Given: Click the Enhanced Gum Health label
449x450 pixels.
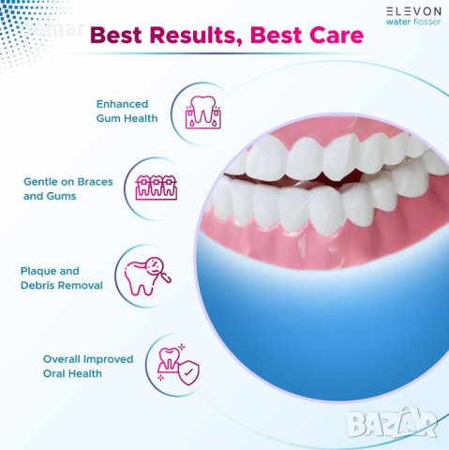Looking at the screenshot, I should [x=126, y=111].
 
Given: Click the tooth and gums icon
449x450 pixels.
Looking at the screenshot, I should [x=203, y=111].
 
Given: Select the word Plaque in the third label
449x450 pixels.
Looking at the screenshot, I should [x=40, y=271].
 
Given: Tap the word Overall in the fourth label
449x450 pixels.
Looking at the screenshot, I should [x=63, y=359].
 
